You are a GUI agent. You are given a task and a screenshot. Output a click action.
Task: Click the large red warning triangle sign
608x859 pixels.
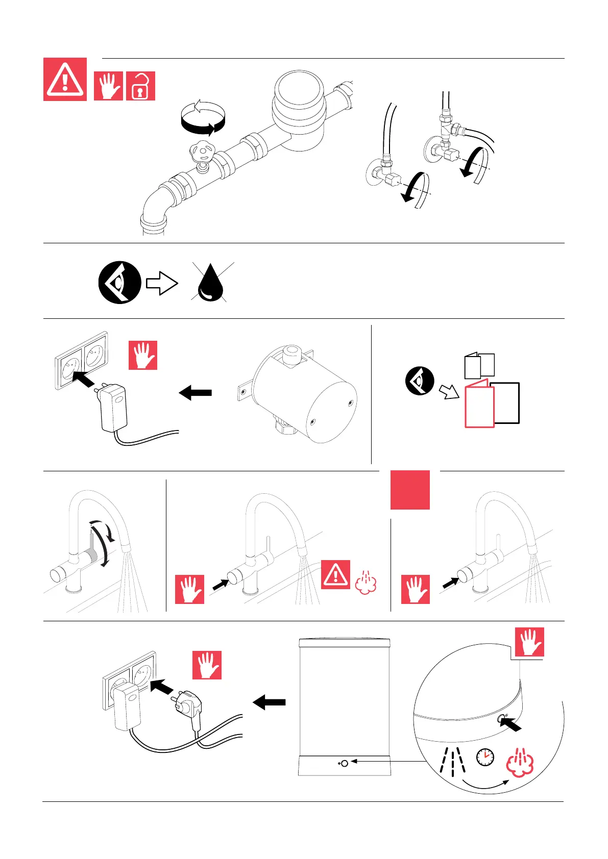click(x=65, y=80)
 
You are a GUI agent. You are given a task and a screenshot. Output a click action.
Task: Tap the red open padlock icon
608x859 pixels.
click(x=140, y=86)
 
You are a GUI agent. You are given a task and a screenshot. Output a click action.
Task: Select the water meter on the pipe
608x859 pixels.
click(x=299, y=112)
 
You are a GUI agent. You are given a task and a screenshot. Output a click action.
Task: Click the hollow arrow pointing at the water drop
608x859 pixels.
click(x=162, y=283)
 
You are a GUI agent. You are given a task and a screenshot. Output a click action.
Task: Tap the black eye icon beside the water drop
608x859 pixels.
click(x=120, y=283)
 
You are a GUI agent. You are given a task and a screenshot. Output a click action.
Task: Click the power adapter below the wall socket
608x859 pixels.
click(x=114, y=408)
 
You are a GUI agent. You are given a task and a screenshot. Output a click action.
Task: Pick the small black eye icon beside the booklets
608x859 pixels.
click(x=420, y=381)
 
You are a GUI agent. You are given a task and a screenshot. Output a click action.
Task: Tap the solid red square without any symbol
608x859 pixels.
click(x=410, y=490)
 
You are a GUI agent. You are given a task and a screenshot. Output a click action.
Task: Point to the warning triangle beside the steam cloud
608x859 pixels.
click(x=335, y=574)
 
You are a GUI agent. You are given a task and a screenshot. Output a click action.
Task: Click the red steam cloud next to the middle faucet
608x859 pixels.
click(x=366, y=583)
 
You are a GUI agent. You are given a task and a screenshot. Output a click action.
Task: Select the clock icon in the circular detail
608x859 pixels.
click(x=485, y=757)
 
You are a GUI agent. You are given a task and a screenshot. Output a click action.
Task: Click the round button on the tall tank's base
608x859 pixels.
click(x=344, y=763)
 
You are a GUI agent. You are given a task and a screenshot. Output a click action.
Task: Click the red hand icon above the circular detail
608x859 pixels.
click(x=529, y=642)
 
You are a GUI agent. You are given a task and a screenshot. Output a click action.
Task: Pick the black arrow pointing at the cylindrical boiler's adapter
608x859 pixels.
click(x=196, y=393)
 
